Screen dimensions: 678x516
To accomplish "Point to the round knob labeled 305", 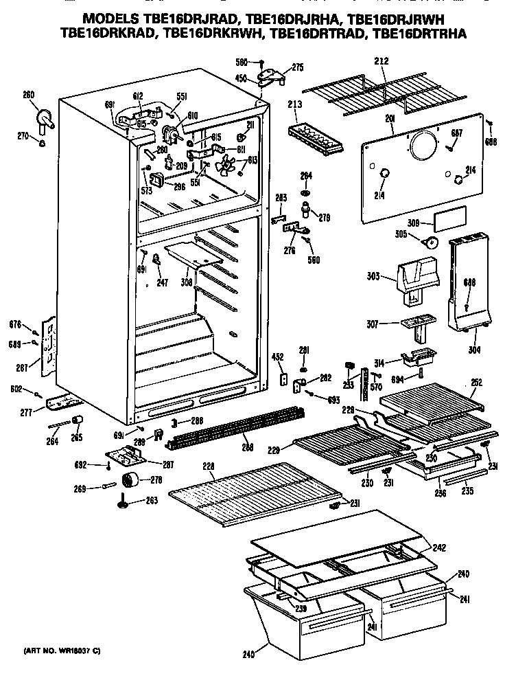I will (x=431, y=242).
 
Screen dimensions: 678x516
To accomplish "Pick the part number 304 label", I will (x=474, y=350).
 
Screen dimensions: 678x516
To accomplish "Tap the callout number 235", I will (x=467, y=491).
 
